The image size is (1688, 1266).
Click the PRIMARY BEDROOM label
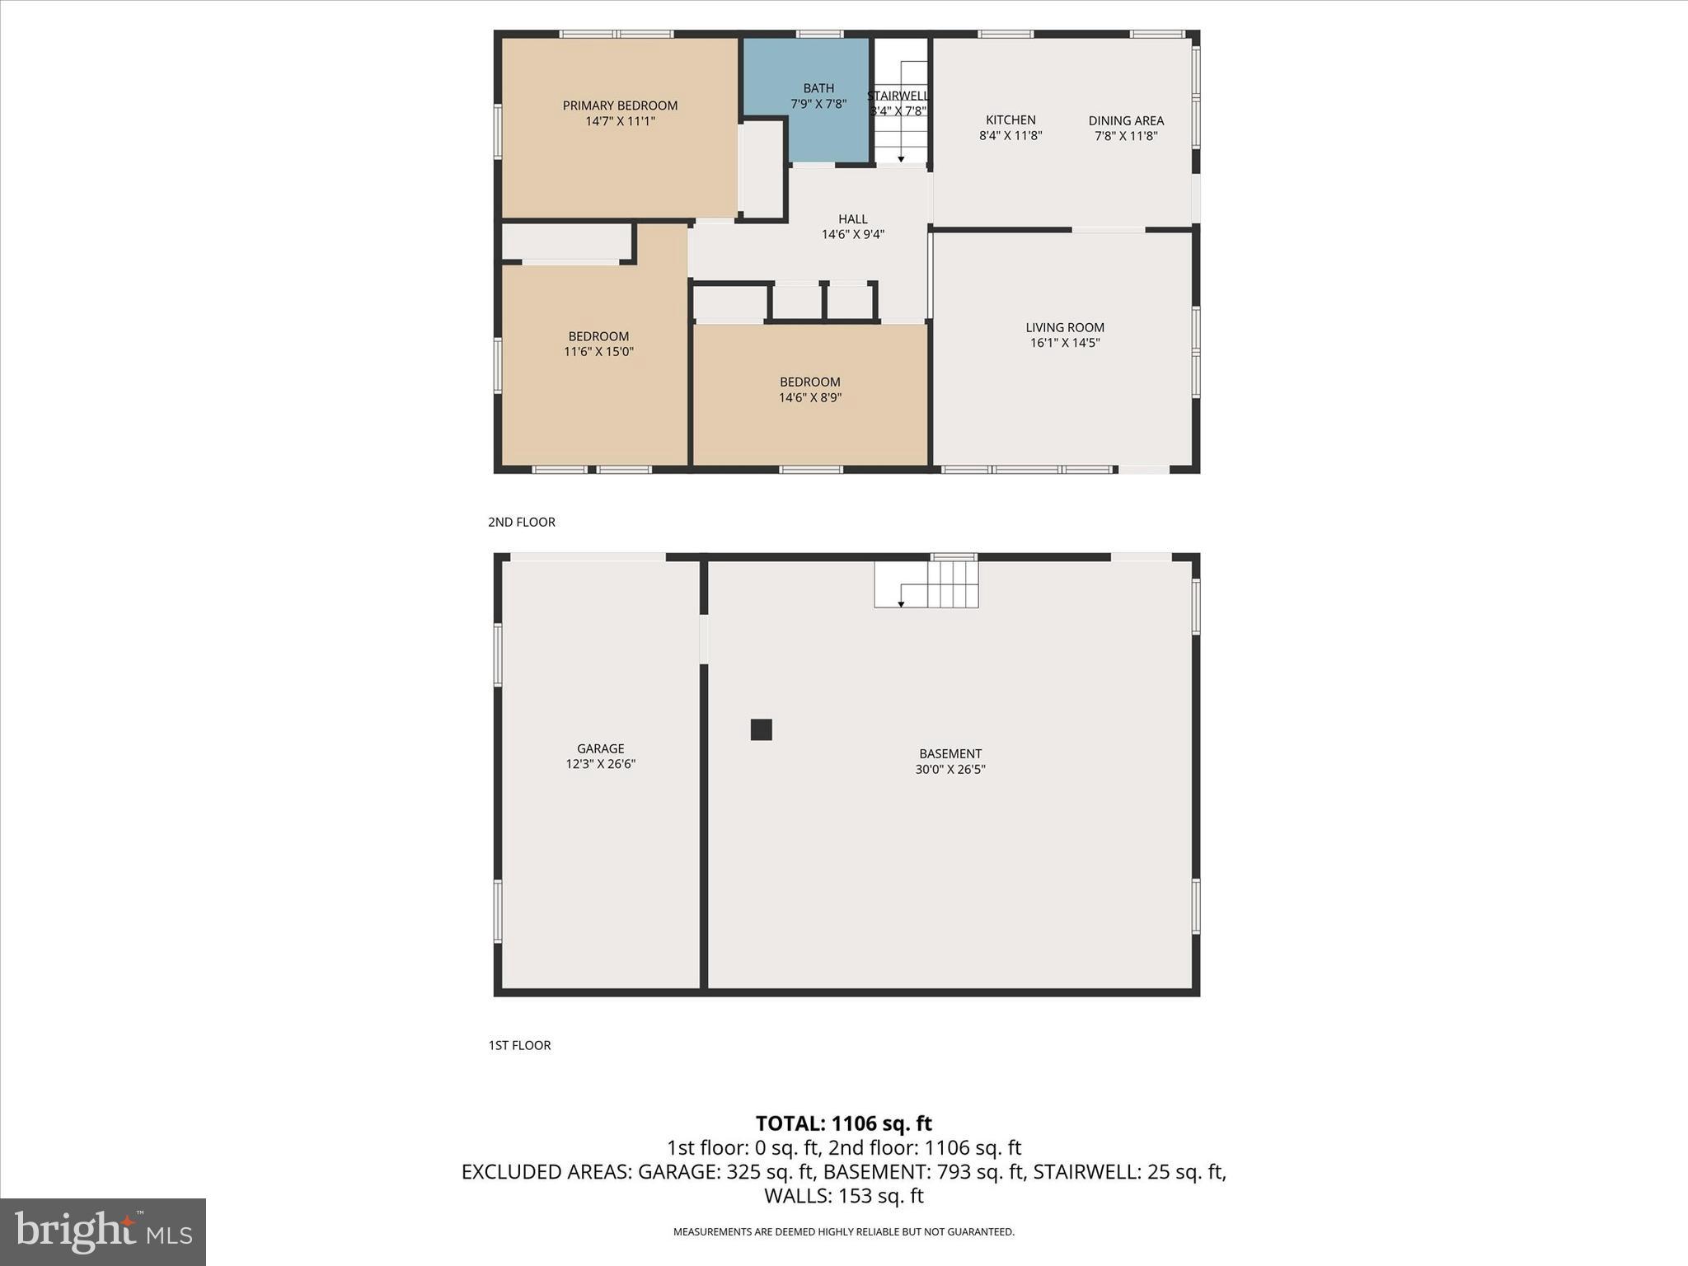click(620, 105)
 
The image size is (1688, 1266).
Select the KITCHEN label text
click(1010, 120)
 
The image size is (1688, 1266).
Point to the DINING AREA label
click(1126, 121)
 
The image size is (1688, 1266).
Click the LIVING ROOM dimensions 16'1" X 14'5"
click(1065, 343)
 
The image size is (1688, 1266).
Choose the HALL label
click(852, 219)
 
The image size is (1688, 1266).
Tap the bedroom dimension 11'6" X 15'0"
click(598, 352)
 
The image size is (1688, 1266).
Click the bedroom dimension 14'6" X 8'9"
click(810, 398)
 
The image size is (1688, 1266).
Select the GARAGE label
click(600, 748)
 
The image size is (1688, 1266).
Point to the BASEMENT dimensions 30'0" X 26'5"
click(950, 770)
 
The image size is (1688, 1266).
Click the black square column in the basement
click(761, 729)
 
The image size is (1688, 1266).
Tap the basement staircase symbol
click(926, 584)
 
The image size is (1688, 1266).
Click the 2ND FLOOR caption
click(522, 522)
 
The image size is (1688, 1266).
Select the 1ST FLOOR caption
click(519, 1045)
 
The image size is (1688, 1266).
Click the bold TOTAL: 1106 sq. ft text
click(843, 1123)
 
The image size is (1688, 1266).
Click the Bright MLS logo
click(103, 1231)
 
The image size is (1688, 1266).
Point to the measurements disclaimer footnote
click(843, 1232)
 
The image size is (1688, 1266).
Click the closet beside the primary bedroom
click(762, 169)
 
